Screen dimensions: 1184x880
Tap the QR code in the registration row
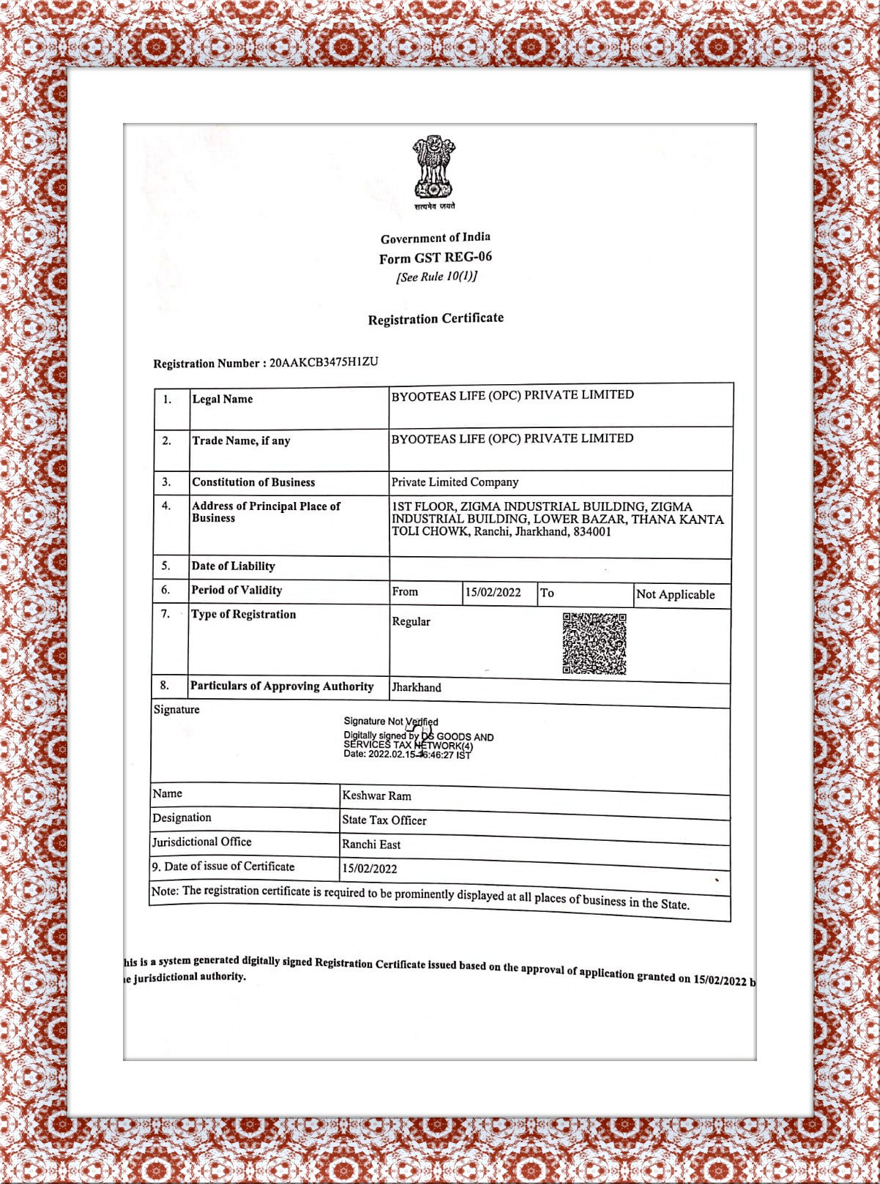[x=594, y=643]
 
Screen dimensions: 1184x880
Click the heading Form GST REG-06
[x=436, y=258]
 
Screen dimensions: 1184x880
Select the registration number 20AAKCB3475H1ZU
[x=324, y=361]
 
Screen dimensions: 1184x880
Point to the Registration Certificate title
[x=436, y=318]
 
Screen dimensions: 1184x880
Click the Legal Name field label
[x=223, y=399]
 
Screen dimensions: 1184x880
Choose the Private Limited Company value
[x=455, y=482]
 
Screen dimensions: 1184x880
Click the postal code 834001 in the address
[x=592, y=531]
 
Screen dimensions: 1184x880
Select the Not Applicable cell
[x=675, y=594]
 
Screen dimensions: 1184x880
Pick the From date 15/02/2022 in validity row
[x=493, y=592]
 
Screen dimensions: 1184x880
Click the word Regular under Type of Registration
[x=411, y=621]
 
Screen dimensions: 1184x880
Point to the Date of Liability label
[x=233, y=566]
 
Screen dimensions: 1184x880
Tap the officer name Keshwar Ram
[x=376, y=795]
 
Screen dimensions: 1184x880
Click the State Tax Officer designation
[x=384, y=820]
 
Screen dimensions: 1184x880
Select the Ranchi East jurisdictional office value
[x=371, y=844]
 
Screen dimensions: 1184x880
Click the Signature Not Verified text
[x=391, y=722]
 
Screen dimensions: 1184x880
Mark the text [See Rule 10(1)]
[x=436, y=277]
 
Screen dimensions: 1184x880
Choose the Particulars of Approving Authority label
[x=282, y=686]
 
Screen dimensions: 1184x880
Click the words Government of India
[x=435, y=238]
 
